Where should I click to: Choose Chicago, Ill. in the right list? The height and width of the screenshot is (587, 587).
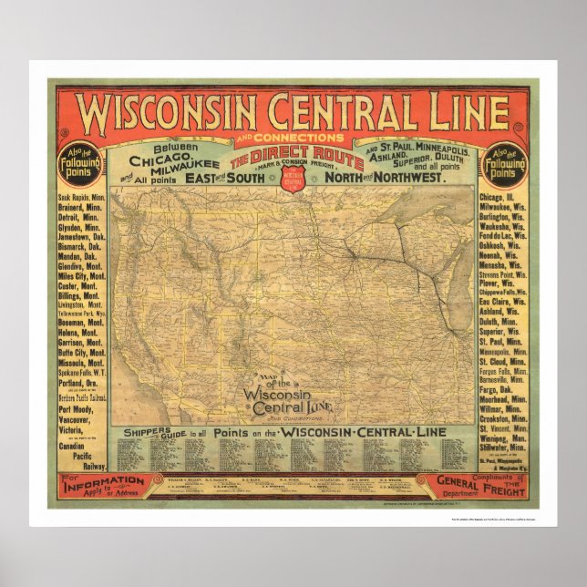[x=505, y=198]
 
